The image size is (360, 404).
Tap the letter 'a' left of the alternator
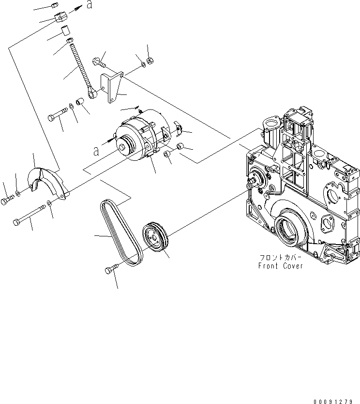pyautogui.click(x=96, y=151)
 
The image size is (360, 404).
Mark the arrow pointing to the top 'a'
pyautogui.click(x=75, y=9)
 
